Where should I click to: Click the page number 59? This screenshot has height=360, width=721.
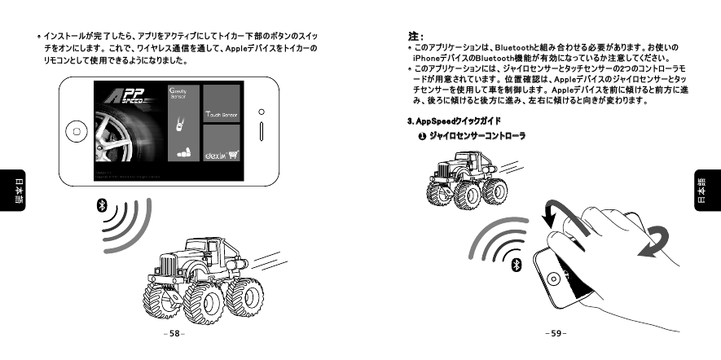(556, 334)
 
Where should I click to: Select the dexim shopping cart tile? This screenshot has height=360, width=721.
(220, 152)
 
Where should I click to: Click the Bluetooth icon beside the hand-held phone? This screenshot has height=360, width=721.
(516, 265)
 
